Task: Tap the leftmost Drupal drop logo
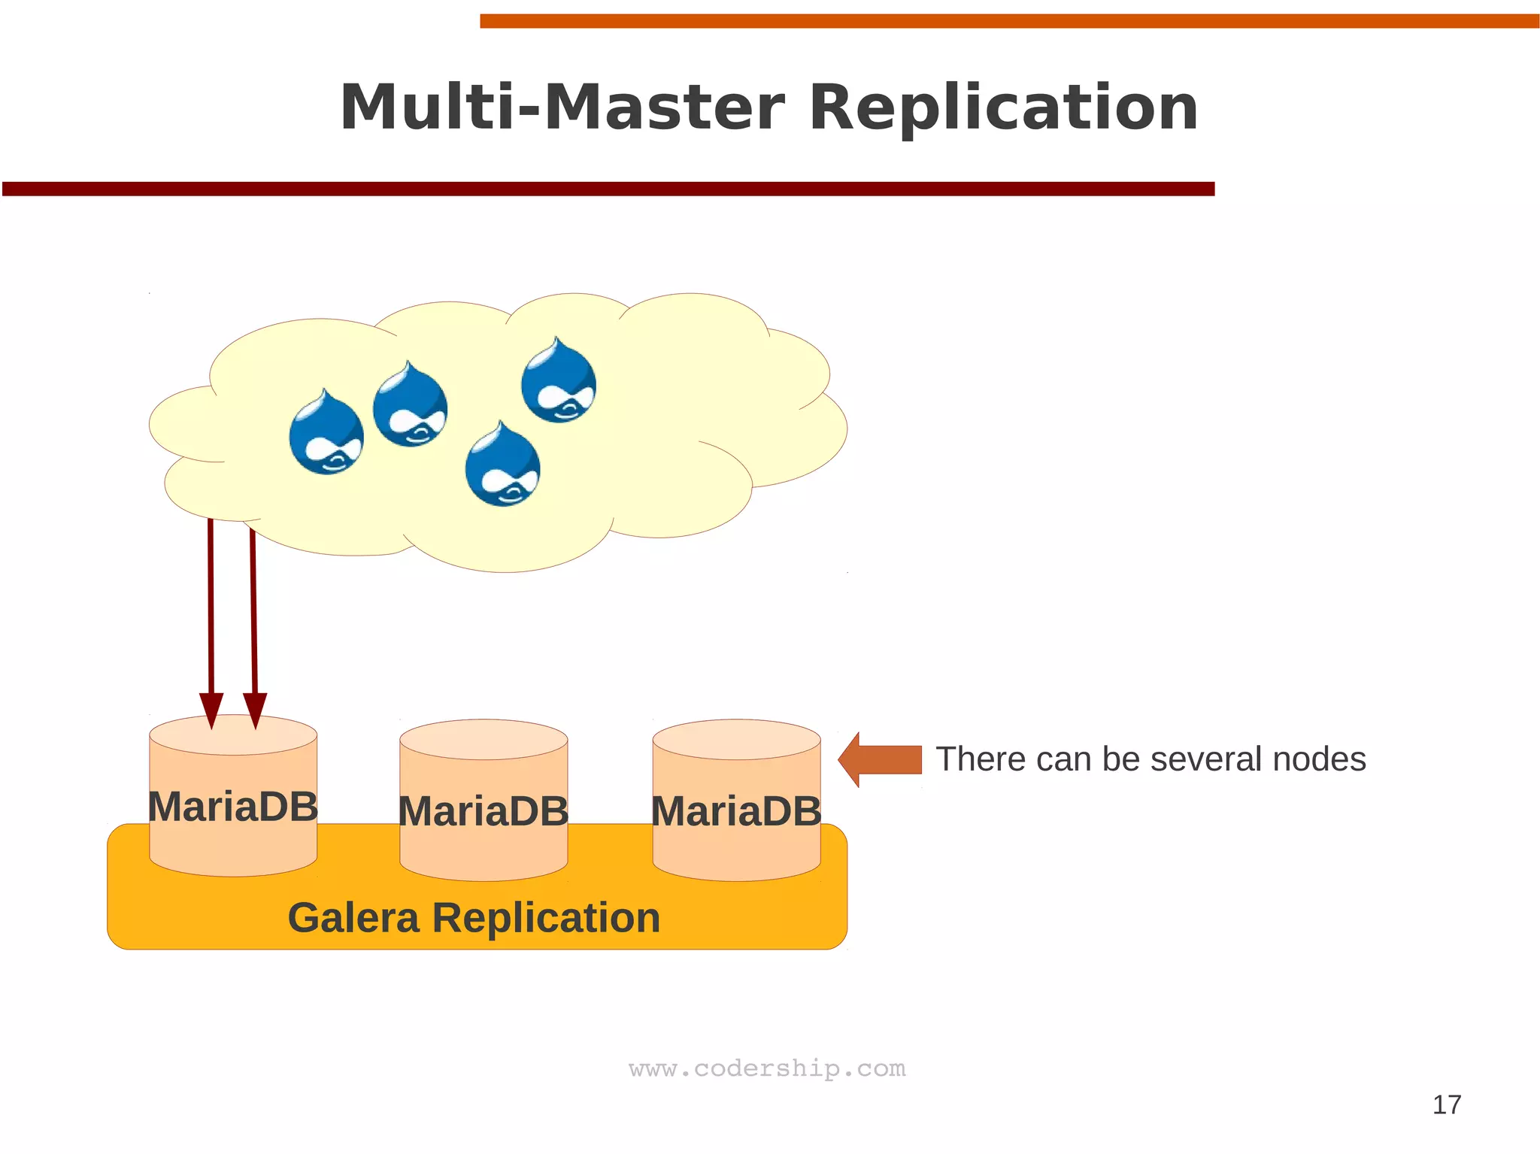point(326,434)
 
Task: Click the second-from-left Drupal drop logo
point(410,407)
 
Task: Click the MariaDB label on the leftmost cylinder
point(232,807)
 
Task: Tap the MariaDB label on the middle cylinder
point(483,812)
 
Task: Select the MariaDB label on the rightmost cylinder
point(736,812)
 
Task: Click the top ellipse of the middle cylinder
point(484,739)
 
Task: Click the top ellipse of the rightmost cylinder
point(736,739)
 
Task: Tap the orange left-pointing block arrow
point(881,759)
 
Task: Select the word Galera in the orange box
point(353,918)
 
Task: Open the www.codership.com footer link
point(767,1068)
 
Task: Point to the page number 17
point(1446,1104)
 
